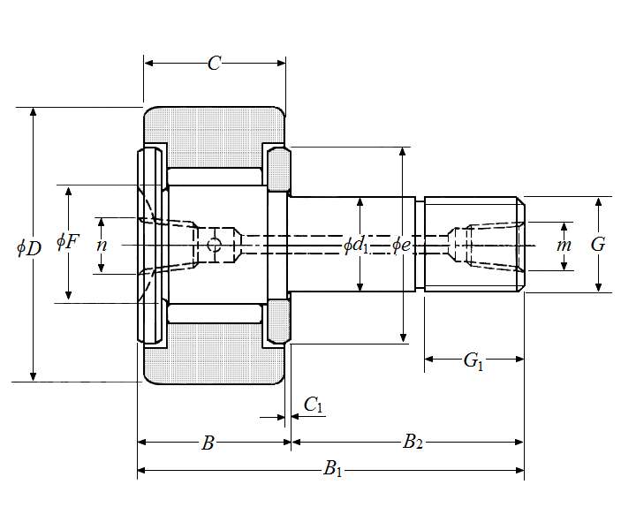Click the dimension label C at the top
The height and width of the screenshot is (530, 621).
point(214,63)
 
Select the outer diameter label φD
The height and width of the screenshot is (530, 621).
point(29,247)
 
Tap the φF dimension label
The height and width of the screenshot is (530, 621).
point(67,240)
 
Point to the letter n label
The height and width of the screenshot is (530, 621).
point(102,245)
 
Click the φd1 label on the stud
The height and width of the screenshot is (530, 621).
point(357,245)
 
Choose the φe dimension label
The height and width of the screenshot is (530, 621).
point(402,245)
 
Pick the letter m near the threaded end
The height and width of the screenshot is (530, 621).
point(564,245)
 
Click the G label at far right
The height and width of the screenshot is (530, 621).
point(598,245)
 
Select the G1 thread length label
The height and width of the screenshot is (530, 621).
point(474,360)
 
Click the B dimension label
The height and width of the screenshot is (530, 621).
point(208,443)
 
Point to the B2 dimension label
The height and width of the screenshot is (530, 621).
point(413,443)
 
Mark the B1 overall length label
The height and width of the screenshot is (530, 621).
point(333,470)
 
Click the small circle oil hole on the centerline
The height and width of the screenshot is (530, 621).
point(214,245)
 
